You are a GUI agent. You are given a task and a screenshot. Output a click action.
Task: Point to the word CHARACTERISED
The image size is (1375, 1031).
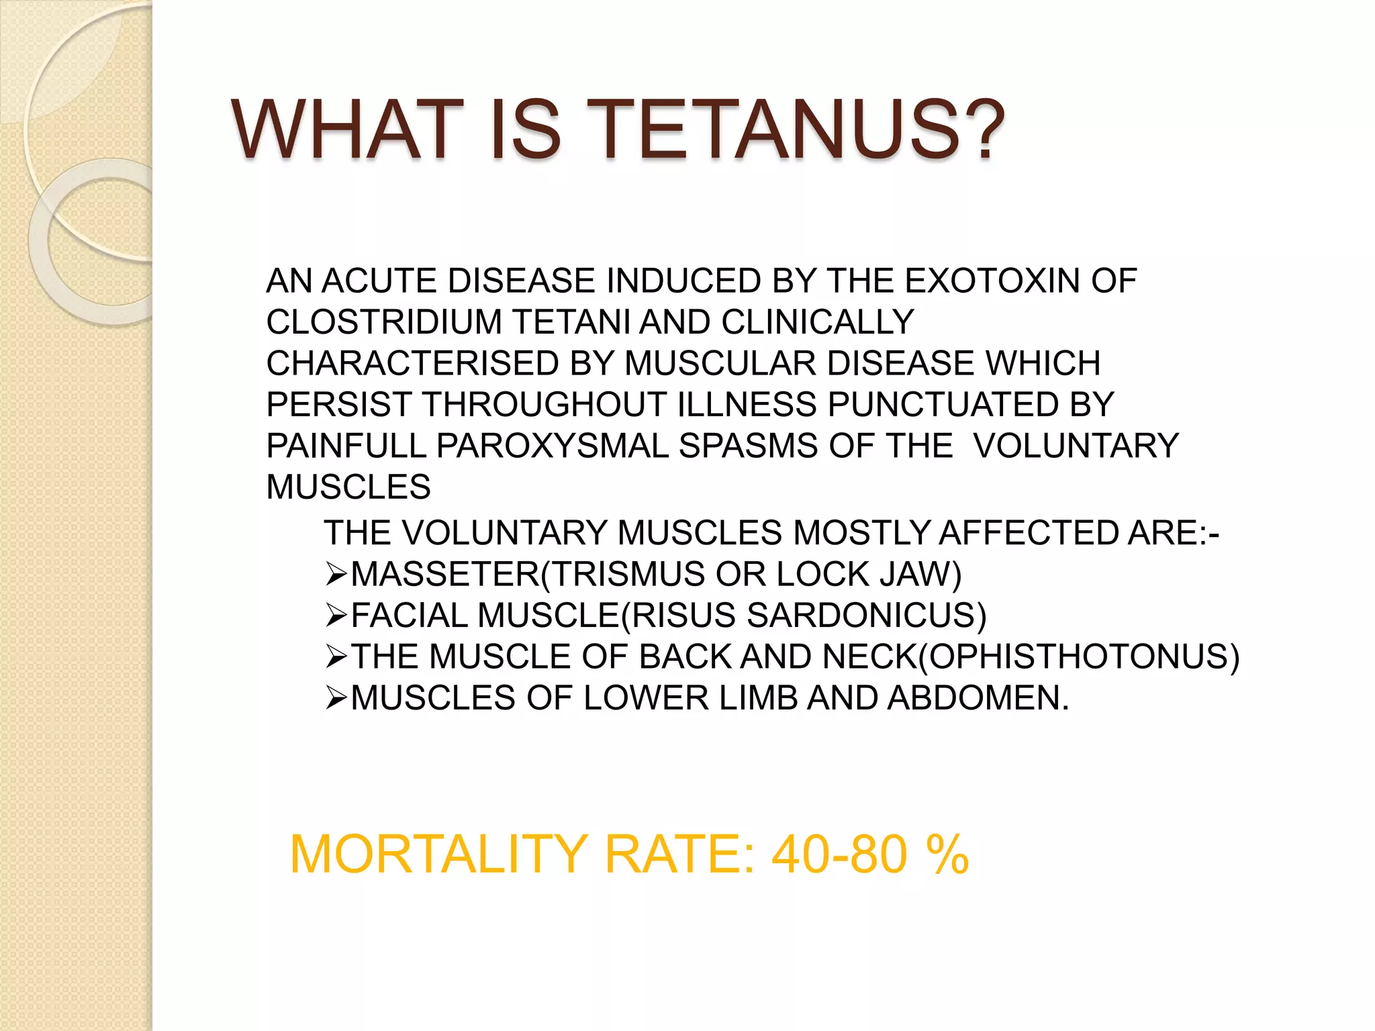coord(412,364)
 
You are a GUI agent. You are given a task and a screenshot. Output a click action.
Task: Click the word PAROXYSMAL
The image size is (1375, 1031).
coord(553,446)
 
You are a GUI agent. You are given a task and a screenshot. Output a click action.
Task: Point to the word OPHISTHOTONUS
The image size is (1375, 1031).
coord(1078,656)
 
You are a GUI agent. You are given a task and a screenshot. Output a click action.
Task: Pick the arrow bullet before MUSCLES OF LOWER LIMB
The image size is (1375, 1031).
coord(335,699)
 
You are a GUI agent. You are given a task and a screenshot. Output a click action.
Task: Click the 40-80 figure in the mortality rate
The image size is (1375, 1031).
coord(840,854)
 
